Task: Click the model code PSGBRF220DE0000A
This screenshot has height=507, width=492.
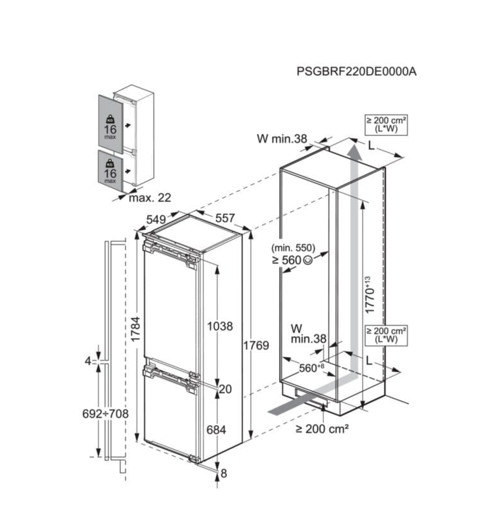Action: pyautogui.click(x=356, y=72)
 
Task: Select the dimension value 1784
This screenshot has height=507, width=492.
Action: pyautogui.click(x=136, y=329)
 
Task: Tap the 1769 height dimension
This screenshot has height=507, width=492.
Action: pyautogui.click(x=256, y=346)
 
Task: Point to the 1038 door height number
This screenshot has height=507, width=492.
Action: pyautogui.click(x=220, y=326)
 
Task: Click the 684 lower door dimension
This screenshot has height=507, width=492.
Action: pyautogui.click(x=216, y=430)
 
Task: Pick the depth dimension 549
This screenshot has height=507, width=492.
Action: pyautogui.click(x=156, y=219)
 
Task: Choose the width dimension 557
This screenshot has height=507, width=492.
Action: pyautogui.click(x=225, y=218)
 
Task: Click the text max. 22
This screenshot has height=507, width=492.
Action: pyautogui.click(x=150, y=198)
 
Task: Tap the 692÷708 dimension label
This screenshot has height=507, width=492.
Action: pyautogui.click(x=105, y=414)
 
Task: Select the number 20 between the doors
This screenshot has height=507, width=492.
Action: pyautogui.click(x=225, y=389)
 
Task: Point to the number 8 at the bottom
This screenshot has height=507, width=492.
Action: pyautogui.click(x=224, y=474)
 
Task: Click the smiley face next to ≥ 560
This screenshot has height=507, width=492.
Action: pyautogui.click(x=308, y=260)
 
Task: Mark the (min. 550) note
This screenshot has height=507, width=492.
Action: pyautogui.click(x=293, y=248)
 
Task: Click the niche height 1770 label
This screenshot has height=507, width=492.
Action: pyautogui.click(x=370, y=295)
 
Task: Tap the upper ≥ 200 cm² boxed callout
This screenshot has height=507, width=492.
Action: pyautogui.click(x=386, y=125)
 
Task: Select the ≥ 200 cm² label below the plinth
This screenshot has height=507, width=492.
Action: pyautogui.click(x=322, y=428)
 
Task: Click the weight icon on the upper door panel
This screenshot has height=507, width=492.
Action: pyautogui.click(x=110, y=119)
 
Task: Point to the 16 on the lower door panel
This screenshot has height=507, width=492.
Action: pyautogui.click(x=110, y=173)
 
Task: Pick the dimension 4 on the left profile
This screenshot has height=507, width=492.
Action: pyautogui.click(x=88, y=361)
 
